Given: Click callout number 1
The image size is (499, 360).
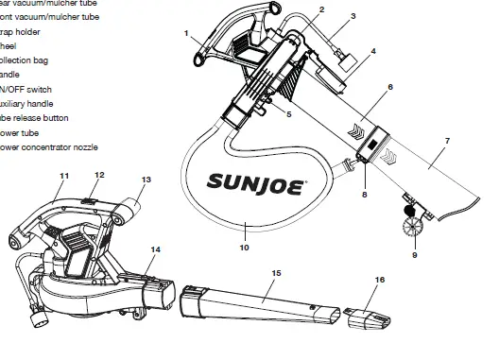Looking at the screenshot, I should (187, 34).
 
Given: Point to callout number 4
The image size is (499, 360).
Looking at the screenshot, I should (373, 50).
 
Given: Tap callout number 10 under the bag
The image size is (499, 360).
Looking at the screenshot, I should (245, 249).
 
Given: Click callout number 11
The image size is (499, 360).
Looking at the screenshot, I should (64, 177).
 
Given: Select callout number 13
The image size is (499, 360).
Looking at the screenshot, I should (146, 179).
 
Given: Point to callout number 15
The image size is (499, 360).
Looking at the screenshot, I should (276, 273).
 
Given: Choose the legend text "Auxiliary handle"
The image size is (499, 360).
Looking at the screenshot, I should (28, 103).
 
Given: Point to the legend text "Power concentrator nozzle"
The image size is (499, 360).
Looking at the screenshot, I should (47, 147).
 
